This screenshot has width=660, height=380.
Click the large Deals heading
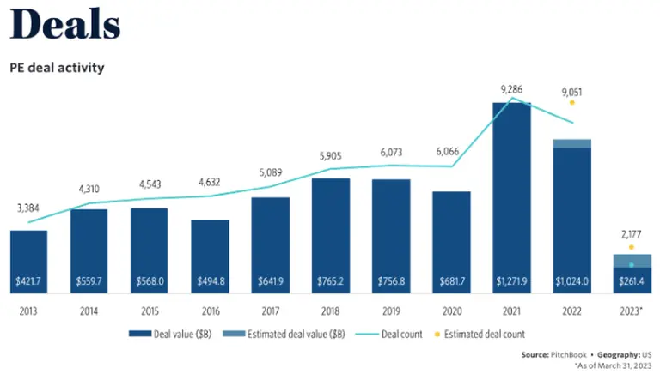pos(64,27)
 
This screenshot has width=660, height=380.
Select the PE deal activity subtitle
pos(57,67)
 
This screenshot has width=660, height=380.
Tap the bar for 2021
pos(511,197)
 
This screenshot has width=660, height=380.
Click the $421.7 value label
pos(29,280)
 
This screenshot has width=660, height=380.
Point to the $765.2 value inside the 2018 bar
pos(331,280)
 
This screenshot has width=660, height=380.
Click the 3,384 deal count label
pos(29,208)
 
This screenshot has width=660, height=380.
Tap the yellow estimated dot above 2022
pos(571,102)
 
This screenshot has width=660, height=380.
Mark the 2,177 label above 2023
pos(632,233)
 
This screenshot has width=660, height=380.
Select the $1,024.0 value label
pos(571,280)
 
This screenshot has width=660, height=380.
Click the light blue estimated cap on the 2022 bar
pos(571,143)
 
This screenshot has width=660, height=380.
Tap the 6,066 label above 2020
pos(451,151)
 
